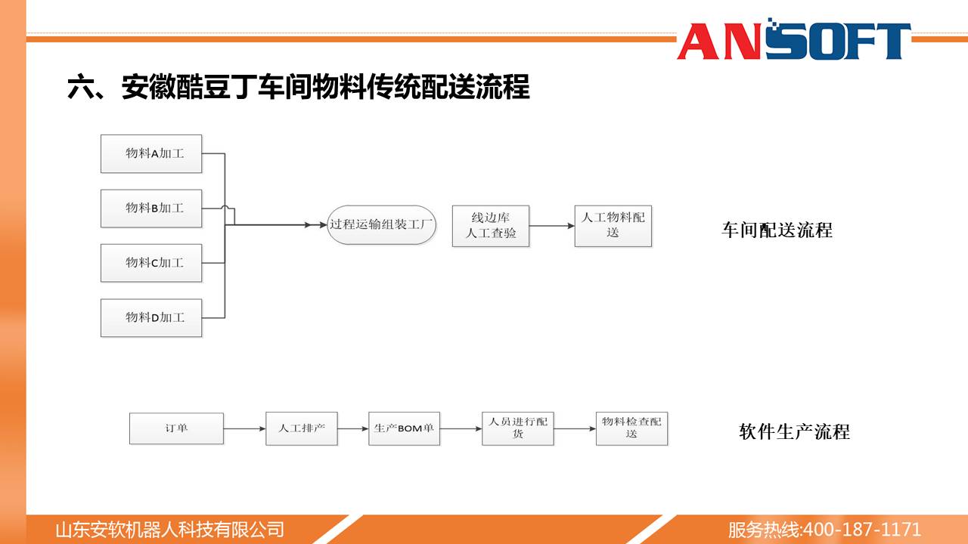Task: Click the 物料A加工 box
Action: pyautogui.click(x=151, y=153)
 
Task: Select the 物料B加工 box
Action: pyautogui.click(x=151, y=208)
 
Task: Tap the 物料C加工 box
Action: pyautogui.click(x=151, y=263)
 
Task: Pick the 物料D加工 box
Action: pyautogui.click(x=151, y=318)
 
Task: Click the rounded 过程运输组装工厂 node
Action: pyautogui.click(x=381, y=225)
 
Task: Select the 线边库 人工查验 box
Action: pyautogui.click(x=491, y=226)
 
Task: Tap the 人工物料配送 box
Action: pyautogui.click(x=613, y=226)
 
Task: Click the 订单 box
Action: pyautogui.click(x=176, y=428)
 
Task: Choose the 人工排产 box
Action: pyautogui.click(x=302, y=428)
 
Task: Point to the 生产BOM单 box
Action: pyautogui.click(x=404, y=428)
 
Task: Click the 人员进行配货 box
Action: pyautogui.click(x=518, y=428)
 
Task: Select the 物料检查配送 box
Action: pyautogui.click(x=631, y=428)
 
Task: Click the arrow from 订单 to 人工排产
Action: pyautogui.click(x=244, y=428)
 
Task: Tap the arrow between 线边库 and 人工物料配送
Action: pyautogui.click(x=552, y=226)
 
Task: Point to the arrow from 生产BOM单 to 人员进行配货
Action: pyautogui.click(x=461, y=428)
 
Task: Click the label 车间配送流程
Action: pyautogui.click(x=777, y=230)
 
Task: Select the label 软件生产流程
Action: pyautogui.click(x=794, y=431)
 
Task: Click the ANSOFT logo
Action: pyautogui.click(x=794, y=39)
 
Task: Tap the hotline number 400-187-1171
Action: pyautogui.click(x=861, y=530)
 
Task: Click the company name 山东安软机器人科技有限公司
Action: pyautogui.click(x=170, y=530)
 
